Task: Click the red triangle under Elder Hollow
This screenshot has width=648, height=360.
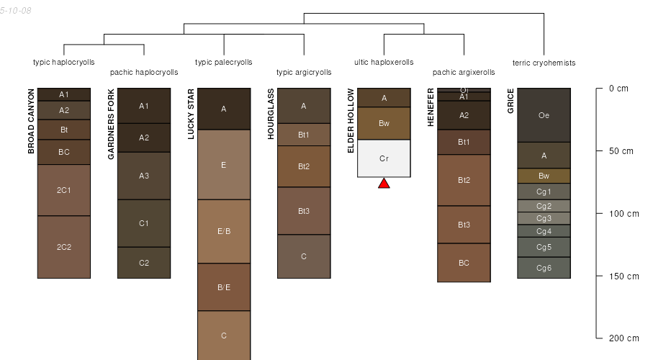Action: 384,184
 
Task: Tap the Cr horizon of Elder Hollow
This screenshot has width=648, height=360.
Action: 384,158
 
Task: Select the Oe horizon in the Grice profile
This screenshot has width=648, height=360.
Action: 544,115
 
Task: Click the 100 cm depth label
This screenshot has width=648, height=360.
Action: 623,214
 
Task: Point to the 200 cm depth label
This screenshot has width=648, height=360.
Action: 623,338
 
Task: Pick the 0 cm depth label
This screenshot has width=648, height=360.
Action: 618,89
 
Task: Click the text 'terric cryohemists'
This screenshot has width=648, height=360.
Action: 544,63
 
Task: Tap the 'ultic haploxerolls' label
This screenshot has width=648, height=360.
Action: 384,62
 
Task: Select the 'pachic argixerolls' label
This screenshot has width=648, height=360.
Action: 464,72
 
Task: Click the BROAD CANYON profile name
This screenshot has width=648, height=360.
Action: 31,121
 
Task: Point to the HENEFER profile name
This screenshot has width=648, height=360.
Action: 430,107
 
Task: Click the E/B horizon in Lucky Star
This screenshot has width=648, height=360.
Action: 224,231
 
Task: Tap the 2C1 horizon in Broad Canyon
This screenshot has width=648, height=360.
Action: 64,190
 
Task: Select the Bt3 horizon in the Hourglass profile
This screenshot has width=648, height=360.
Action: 304,211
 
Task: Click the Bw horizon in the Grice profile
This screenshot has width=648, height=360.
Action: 544,176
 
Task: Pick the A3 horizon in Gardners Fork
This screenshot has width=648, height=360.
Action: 144,176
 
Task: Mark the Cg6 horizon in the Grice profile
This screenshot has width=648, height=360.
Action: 544,268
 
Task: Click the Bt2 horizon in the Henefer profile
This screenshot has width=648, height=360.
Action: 464,180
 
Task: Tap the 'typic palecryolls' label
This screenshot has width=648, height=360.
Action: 224,62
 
